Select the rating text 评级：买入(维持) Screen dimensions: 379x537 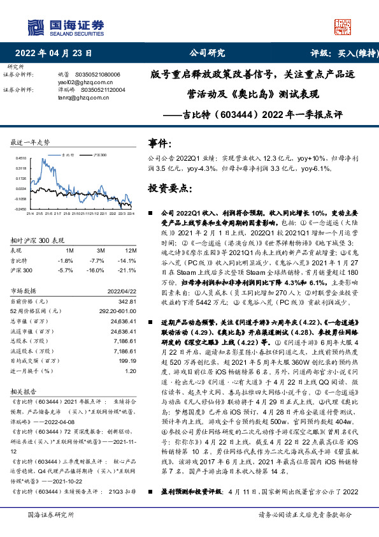coord(336,53)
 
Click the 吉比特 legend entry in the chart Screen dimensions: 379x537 coord(68,154)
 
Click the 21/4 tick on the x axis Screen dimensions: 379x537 coord(29,214)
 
